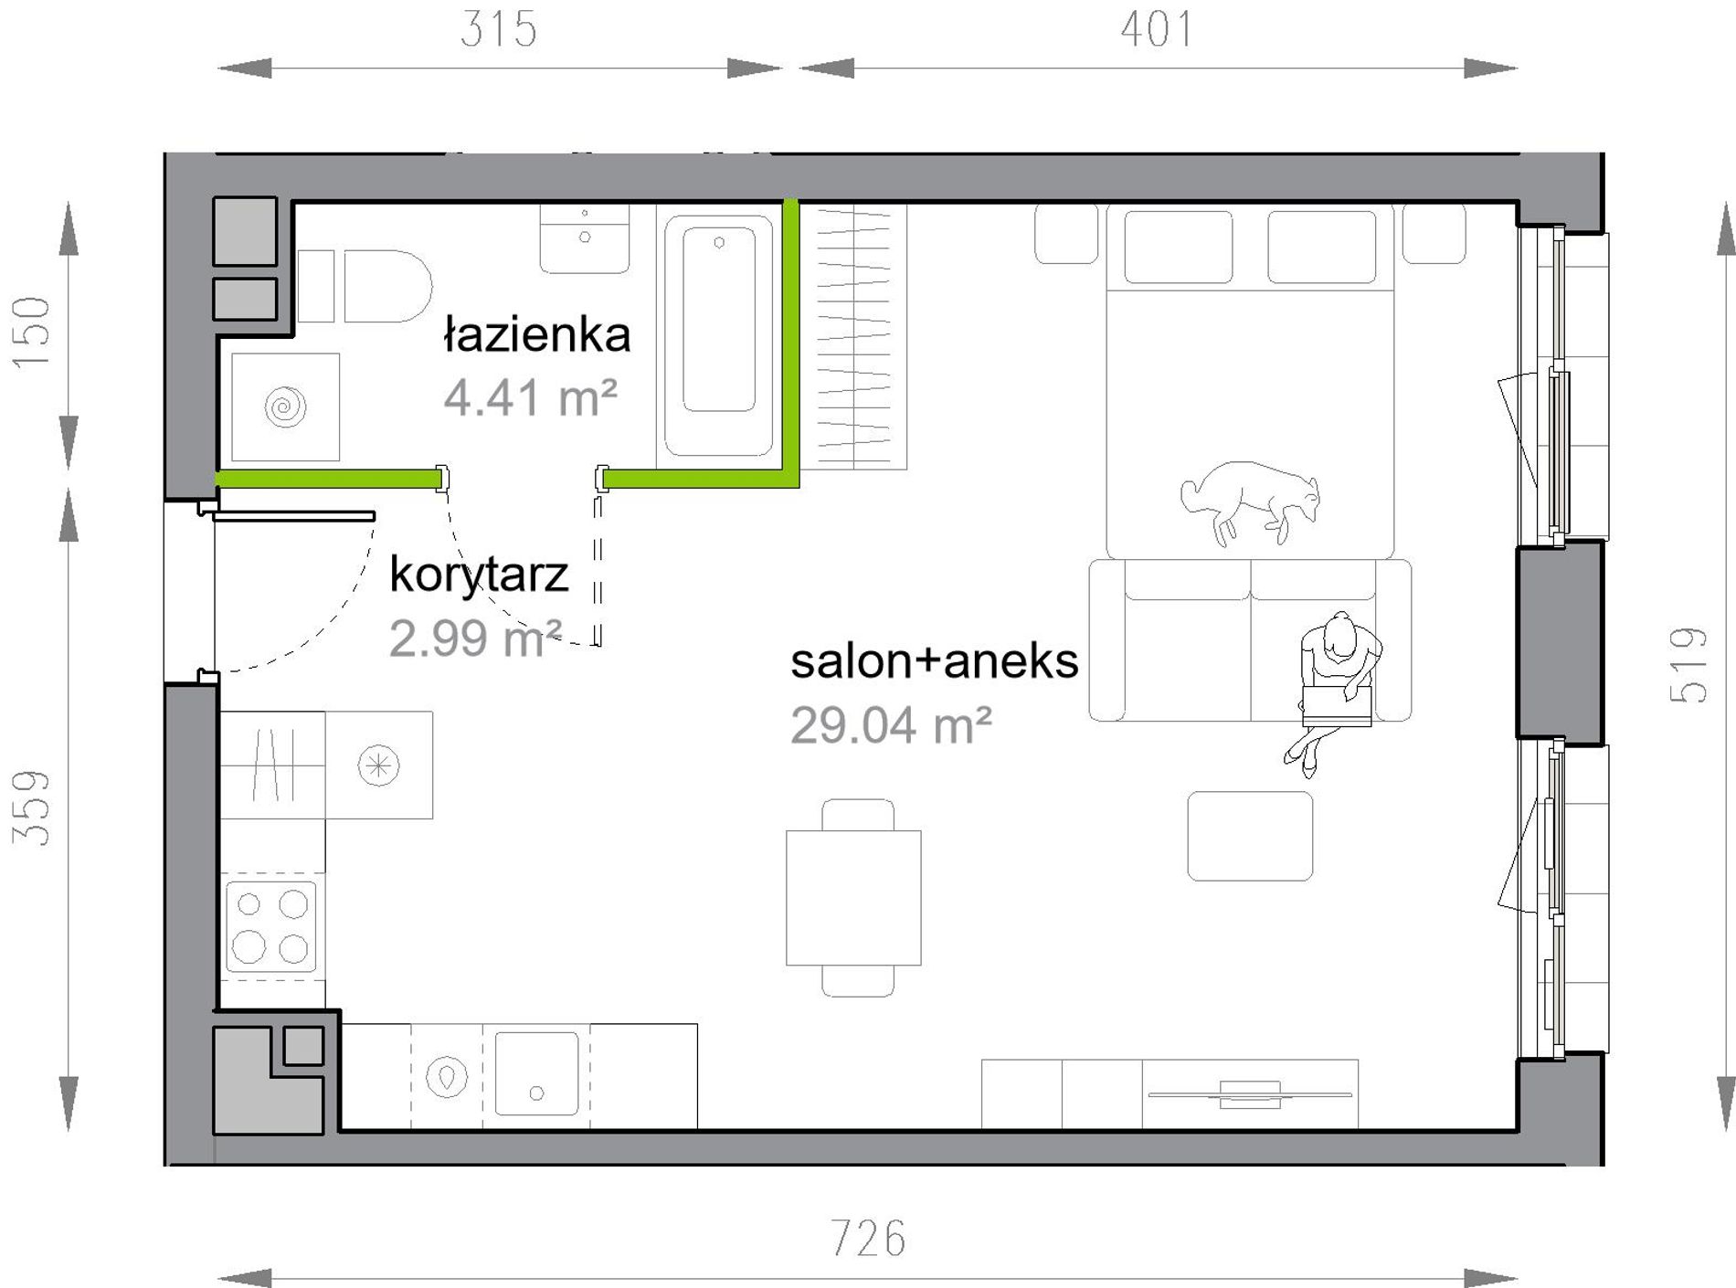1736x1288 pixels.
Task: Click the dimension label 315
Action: click(x=498, y=29)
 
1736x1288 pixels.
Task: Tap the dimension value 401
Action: click(x=1157, y=29)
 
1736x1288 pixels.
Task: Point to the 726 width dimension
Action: click(x=868, y=1239)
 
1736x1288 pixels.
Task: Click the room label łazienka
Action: click(x=537, y=334)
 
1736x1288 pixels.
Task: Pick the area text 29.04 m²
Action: click(x=891, y=726)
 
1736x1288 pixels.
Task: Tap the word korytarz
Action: click(x=479, y=575)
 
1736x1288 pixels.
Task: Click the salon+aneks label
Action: click(x=934, y=660)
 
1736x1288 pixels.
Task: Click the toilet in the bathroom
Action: click(x=365, y=286)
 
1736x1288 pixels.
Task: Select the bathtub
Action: click(x=719, y=334)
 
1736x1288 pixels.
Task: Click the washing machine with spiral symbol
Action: click(x=285, y=406)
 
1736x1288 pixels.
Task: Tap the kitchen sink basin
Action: click(x=536, y=1073)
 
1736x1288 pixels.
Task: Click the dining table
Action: click(x=853, y=897)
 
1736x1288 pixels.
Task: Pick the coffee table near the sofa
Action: click(x=1250, y=836)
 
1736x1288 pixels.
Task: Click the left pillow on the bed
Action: click(x=1178, y=247)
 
